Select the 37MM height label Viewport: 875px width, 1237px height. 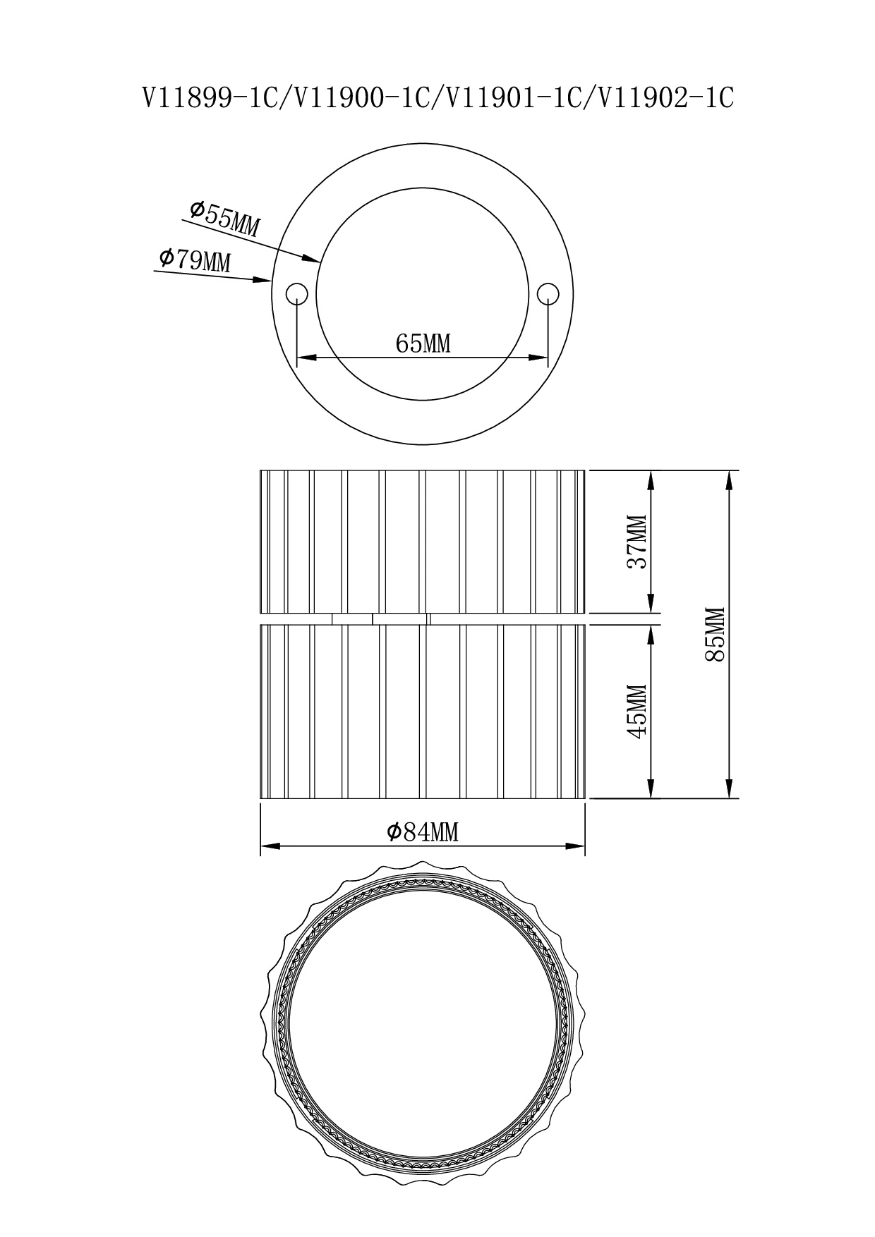[x=638, y=542]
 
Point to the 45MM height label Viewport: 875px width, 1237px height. [x=638, y=712]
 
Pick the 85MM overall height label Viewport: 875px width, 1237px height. [x=716, y=633]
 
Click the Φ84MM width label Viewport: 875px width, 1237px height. [x=423, y=832]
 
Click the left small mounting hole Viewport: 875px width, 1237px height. [x=296, y=293]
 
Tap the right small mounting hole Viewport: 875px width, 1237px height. [x=548, y=293]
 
